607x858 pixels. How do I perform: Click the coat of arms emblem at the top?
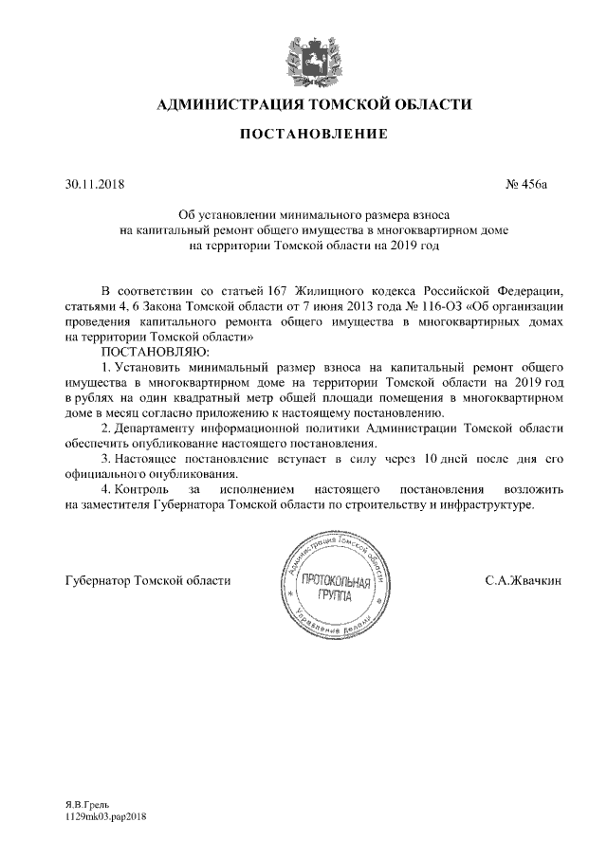[303, 59]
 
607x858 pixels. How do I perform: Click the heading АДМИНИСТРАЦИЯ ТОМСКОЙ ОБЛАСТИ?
[303, 103]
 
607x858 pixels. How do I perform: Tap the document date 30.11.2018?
[95, 184]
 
